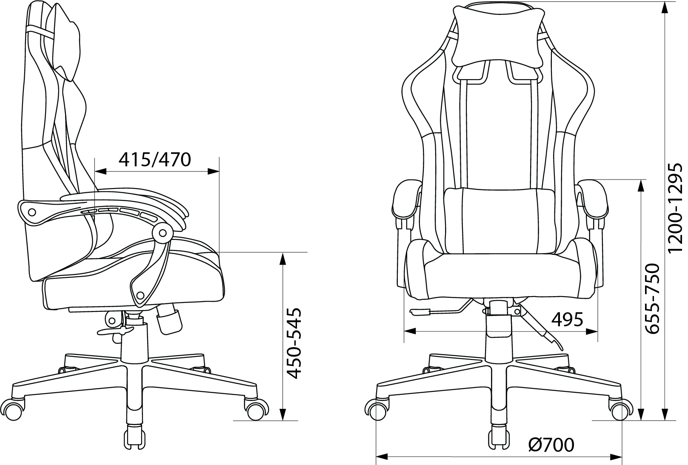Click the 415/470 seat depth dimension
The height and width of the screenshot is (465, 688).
[x=155, y=160]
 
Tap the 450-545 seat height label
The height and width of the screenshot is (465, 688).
[x=292, y=343]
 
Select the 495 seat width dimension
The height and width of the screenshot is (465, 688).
[x=567, y=320]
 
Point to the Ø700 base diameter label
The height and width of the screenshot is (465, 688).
[x=551, y=445]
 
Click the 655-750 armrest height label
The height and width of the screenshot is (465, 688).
[x=652, y=298]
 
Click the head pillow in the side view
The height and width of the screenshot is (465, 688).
[x=66, y=43]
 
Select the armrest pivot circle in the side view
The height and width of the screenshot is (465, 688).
[x=163, y=233]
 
